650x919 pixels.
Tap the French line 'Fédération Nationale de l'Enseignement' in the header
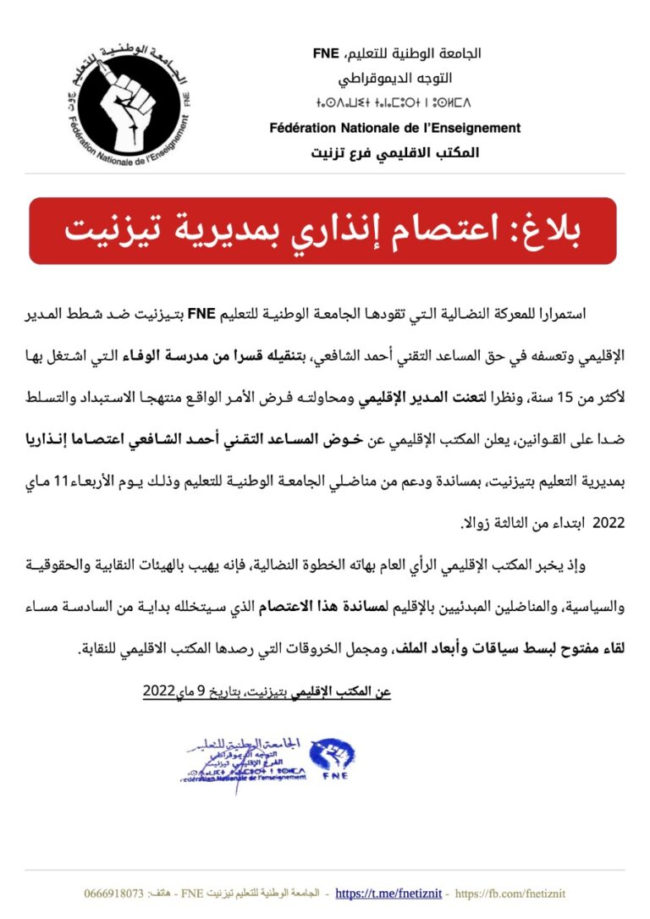395,129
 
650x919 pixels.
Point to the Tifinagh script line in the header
395,104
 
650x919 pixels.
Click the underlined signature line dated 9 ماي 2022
267,691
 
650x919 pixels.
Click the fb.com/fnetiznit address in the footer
522,893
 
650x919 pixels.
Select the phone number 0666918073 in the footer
114,893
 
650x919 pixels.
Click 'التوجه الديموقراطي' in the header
395,79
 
